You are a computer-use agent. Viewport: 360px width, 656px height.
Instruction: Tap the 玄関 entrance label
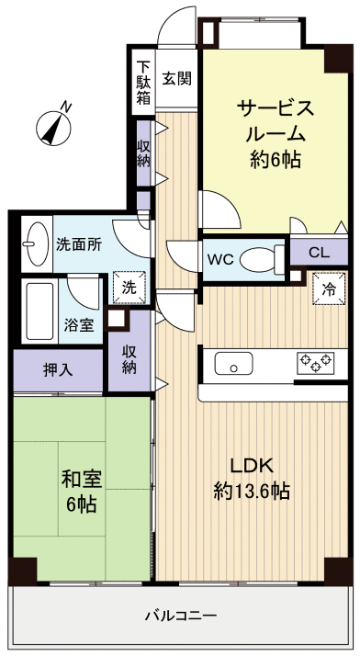pos(177,78)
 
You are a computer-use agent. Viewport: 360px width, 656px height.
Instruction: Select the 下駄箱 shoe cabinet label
pos(143,83)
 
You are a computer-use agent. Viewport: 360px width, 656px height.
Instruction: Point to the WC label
pos(219,259)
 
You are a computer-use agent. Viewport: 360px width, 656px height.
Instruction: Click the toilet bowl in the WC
pos(258,259)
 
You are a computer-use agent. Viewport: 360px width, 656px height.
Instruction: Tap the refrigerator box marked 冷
pos(329,288)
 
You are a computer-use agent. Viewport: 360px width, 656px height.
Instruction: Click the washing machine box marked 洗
pos(129,287)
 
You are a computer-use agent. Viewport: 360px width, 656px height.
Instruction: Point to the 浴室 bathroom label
pos(77,325)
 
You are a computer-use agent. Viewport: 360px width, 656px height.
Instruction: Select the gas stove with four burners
pos(315,363)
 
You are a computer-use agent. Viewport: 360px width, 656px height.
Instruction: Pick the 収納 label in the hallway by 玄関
pos(144,153)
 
